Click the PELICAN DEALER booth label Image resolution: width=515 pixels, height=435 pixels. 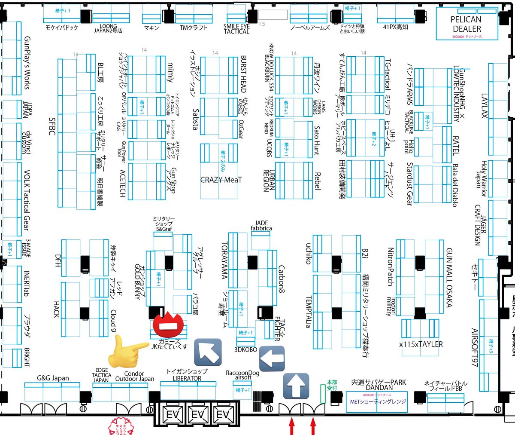(466, 24)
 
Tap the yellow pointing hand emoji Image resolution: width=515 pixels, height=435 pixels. (128, 351)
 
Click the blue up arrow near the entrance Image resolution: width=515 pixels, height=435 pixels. (296, 385)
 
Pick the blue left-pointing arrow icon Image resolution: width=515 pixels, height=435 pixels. (272, 358)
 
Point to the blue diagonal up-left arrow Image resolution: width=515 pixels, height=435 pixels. (208, 352)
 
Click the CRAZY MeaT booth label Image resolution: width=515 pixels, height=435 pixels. (221, 180)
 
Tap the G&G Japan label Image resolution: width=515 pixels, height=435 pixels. (52, 378)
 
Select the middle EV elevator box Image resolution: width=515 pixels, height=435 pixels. (198, 415)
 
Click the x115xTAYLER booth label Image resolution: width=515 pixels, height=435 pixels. (421, 344)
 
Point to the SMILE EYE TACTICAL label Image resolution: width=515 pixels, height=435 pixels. (236, 29)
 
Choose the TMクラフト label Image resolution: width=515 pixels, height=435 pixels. (194, 28)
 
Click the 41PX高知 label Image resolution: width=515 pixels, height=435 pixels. (395, 27)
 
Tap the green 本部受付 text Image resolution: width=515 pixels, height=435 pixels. (332, 385)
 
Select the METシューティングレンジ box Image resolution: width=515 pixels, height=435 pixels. (376, 401)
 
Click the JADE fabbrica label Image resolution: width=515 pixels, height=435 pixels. (261, 226)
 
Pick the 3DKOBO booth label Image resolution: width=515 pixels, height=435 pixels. (245, 349)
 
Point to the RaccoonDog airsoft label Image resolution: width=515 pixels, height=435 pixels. (243, 375)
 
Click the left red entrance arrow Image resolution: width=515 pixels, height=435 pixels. (292, 427)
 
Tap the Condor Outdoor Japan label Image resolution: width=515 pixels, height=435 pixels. (134, 376)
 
